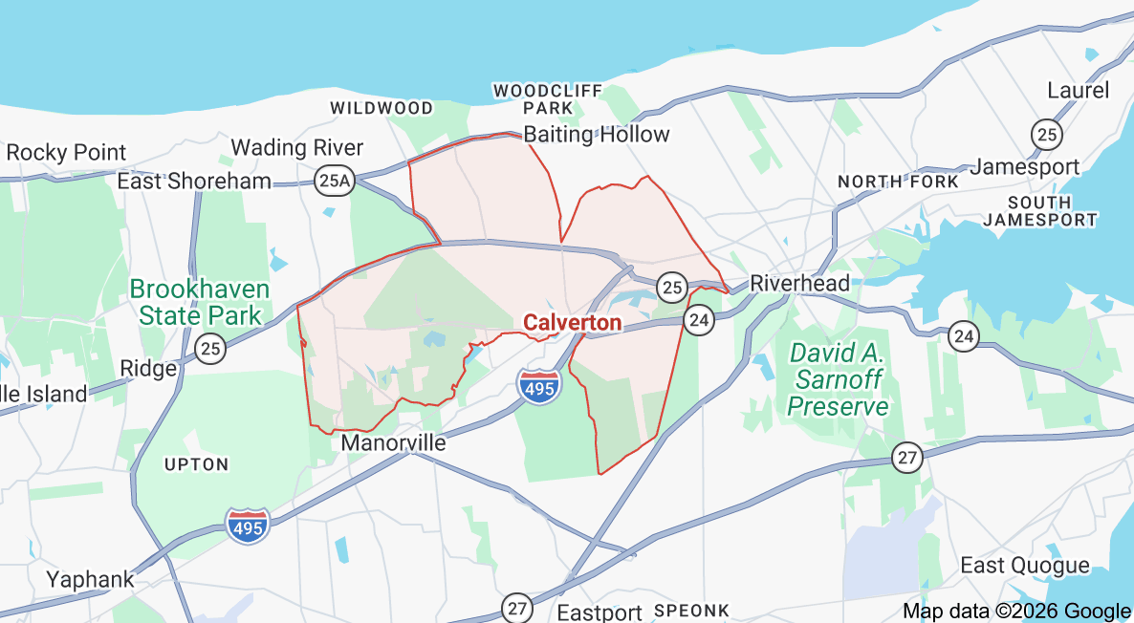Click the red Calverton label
(572, 323)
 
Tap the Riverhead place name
(799, 283)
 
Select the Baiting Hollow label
(597, 135)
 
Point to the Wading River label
(297, 148)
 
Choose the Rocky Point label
(66, 152)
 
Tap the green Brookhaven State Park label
(199, 302)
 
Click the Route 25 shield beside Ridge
(211, 349)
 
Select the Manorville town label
(393, 443)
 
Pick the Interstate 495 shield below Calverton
(540, 384)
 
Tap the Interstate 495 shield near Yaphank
(249, 525)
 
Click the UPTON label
(196, 464)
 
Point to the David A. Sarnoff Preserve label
(839, 379)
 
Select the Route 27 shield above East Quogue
(907, 458)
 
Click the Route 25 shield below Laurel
(1047, 134)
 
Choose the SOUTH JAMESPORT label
(1039, 211)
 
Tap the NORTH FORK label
(897, 182)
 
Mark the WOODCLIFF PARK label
(548, 99)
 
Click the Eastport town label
(600, 612)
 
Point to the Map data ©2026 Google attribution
(1016, 612)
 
